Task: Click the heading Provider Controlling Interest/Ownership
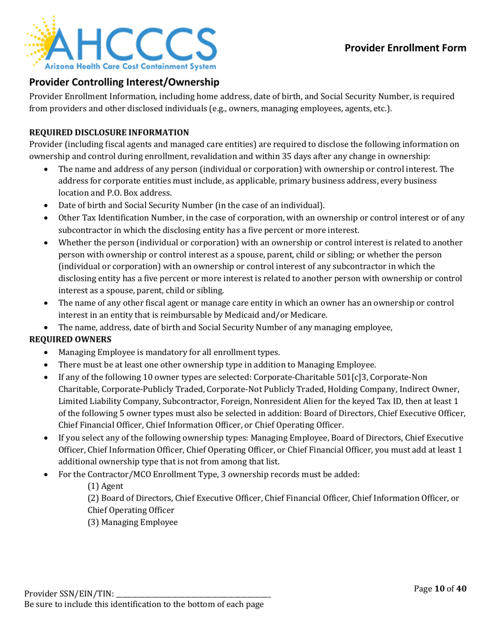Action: coord(123,82)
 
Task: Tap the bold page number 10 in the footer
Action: coord(440,589)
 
